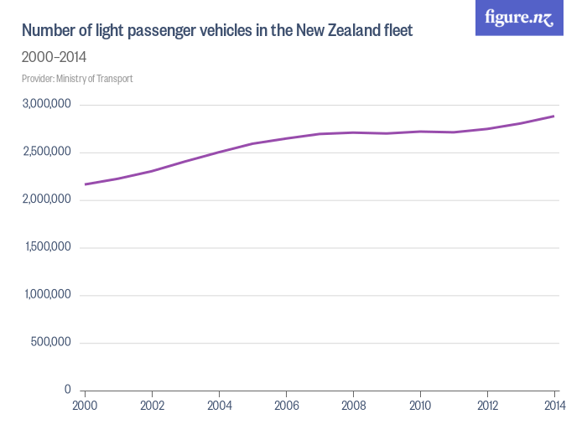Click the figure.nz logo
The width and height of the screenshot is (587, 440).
point(519,18)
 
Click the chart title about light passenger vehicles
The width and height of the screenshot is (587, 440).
point(217,32)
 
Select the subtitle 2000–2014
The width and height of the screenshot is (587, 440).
point(55,58)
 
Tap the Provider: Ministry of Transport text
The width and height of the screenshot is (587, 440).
point(77,79)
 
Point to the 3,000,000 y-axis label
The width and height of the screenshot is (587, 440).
point(47,105)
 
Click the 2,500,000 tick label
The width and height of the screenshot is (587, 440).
point(47,153)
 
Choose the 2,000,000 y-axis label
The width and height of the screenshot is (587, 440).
point(47,200)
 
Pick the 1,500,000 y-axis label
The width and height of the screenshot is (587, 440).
point(47,247)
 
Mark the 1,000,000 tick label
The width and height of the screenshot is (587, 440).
point(47,295)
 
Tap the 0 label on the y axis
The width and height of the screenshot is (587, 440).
point(68,390)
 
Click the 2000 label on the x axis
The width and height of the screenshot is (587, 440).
point(85,406)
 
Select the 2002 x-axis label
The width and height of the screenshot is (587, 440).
point(152,406)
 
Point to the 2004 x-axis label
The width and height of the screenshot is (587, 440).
point(219,406)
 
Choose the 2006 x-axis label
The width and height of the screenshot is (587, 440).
point(286,406)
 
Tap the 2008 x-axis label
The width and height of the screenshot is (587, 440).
point(353,406)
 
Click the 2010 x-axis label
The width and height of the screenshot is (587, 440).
point(420,406)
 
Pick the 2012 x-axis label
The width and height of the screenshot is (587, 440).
point(487,406)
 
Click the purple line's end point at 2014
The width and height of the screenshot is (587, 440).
point(554,116)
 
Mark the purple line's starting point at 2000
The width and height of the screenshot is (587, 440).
point(85,184)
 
